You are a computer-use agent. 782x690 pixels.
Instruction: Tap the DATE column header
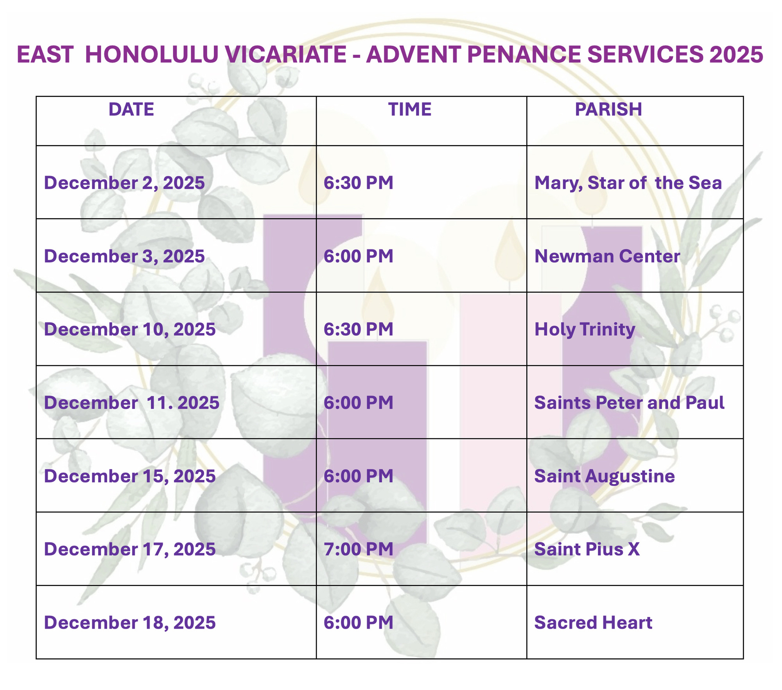(131, 109)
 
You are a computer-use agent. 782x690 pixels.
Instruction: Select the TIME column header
(410, 109)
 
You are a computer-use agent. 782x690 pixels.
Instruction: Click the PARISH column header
(608, 109)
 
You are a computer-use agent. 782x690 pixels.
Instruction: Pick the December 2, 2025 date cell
(124, 183)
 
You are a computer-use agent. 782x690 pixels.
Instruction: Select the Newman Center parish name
(607, 256)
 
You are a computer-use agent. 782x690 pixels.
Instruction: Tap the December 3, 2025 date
(124, 256)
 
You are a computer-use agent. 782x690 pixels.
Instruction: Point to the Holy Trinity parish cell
(585, 330)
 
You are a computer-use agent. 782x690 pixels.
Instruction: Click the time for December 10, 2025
(359, 329)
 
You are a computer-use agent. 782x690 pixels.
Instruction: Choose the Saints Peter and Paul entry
(629, 403)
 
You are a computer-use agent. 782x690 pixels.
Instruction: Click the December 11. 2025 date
(131, 403)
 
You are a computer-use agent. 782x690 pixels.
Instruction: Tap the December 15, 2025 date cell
(129, 476)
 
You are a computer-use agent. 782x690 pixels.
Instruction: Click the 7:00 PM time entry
(359, 549)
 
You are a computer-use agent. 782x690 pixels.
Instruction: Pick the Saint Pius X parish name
(587, 549)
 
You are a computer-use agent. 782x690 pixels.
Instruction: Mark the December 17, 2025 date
(129, 549)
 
